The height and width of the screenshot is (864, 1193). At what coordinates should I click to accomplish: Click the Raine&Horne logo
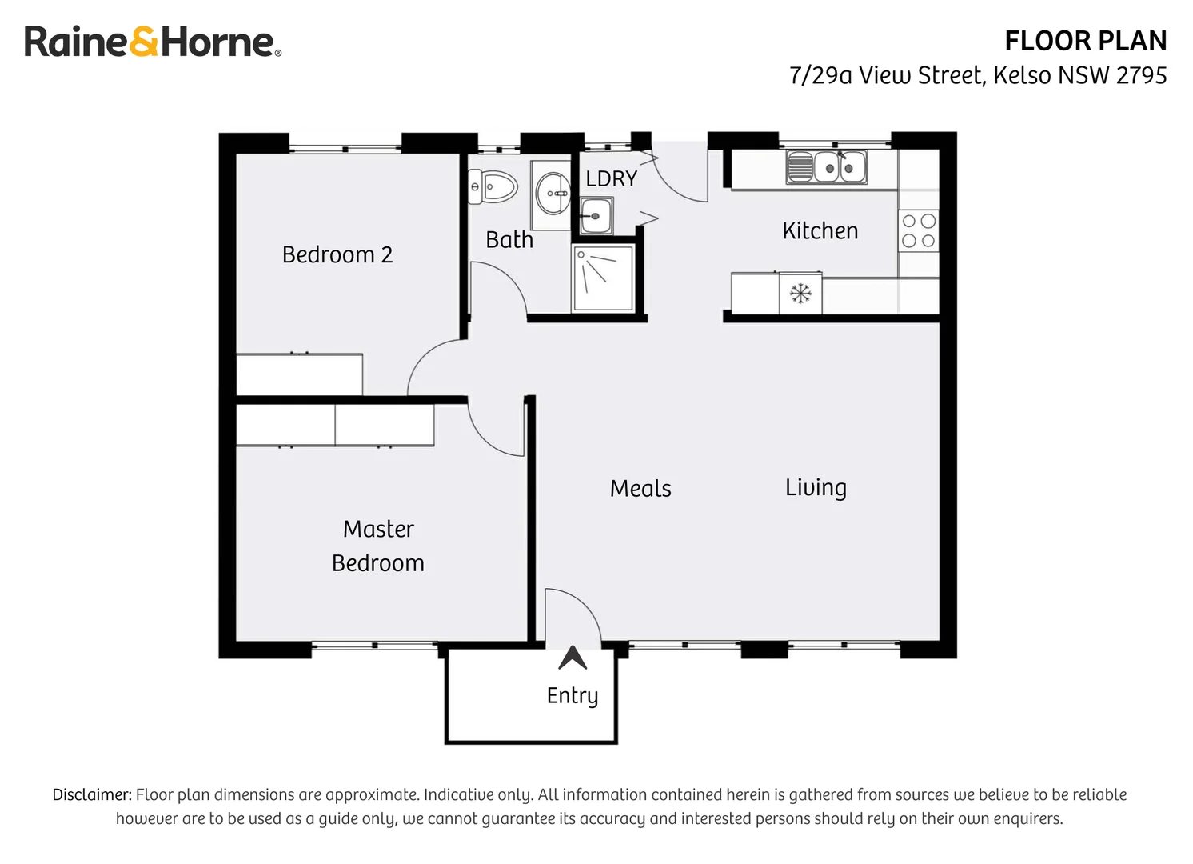152,42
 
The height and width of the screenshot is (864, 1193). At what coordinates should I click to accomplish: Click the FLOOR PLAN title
1085,41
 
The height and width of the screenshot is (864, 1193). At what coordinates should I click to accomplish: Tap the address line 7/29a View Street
977,75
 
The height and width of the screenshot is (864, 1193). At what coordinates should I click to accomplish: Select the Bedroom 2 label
337,254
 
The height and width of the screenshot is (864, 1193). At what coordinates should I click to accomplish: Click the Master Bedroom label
378,546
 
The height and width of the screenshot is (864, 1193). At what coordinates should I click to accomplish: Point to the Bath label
509,239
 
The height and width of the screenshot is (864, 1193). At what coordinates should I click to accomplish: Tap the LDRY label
611,178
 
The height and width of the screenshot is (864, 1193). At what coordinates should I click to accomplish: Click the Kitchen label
820,230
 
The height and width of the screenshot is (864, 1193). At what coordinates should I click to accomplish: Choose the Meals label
640,488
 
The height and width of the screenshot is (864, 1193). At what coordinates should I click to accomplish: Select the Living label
816,487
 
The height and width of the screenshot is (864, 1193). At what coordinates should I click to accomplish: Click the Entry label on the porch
573,695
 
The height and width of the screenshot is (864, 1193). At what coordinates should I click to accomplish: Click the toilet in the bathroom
492,187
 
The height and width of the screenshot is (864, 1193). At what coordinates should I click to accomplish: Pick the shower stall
604,278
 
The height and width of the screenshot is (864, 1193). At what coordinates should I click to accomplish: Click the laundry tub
596,215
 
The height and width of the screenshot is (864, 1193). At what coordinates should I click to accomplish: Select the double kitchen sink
827,167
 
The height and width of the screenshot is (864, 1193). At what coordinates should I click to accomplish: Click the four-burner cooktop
918,230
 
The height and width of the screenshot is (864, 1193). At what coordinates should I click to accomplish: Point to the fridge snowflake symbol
800,294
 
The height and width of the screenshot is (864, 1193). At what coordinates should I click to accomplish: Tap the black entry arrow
573,658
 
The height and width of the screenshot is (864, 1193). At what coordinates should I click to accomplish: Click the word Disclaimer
91,794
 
